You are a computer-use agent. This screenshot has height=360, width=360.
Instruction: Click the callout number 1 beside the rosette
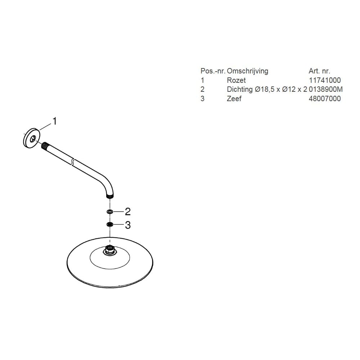[x=54, y=121]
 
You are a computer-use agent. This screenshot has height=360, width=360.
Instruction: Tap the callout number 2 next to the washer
[x=128, y=211]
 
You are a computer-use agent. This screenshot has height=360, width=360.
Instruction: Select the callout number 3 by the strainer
[x=128, y=225]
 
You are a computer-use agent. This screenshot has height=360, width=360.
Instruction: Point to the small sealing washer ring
[x=110, y=211]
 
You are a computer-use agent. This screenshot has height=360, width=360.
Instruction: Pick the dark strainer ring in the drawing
[x=110, y=224]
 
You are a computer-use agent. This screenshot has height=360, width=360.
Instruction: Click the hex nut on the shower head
[x=110, y=250]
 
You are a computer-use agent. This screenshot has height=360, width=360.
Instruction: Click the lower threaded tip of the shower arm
[x=110, y=197]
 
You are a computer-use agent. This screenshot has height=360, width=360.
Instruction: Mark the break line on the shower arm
[x=73, y=161]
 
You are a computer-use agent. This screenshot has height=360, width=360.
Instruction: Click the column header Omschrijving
[x=248, y=71]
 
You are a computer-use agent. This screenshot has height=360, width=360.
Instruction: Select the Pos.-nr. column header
[x=213, y=71]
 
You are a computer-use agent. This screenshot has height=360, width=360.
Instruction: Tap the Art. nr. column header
[x=319, y=71]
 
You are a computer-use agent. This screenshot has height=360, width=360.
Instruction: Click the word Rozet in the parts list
[x=236, y=80]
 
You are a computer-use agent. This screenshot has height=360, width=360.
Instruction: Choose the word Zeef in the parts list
[x=234, y=99]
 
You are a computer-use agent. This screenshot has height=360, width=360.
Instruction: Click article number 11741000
[x=325, y=80]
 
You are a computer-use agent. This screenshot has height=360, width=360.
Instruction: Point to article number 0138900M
[x=325, y=89]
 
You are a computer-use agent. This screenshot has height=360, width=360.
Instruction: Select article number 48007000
[x=325, y=99]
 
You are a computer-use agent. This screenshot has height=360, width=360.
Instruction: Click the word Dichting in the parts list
[x=240, y=89]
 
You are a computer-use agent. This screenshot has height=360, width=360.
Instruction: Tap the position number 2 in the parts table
[x=202, y=89]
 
